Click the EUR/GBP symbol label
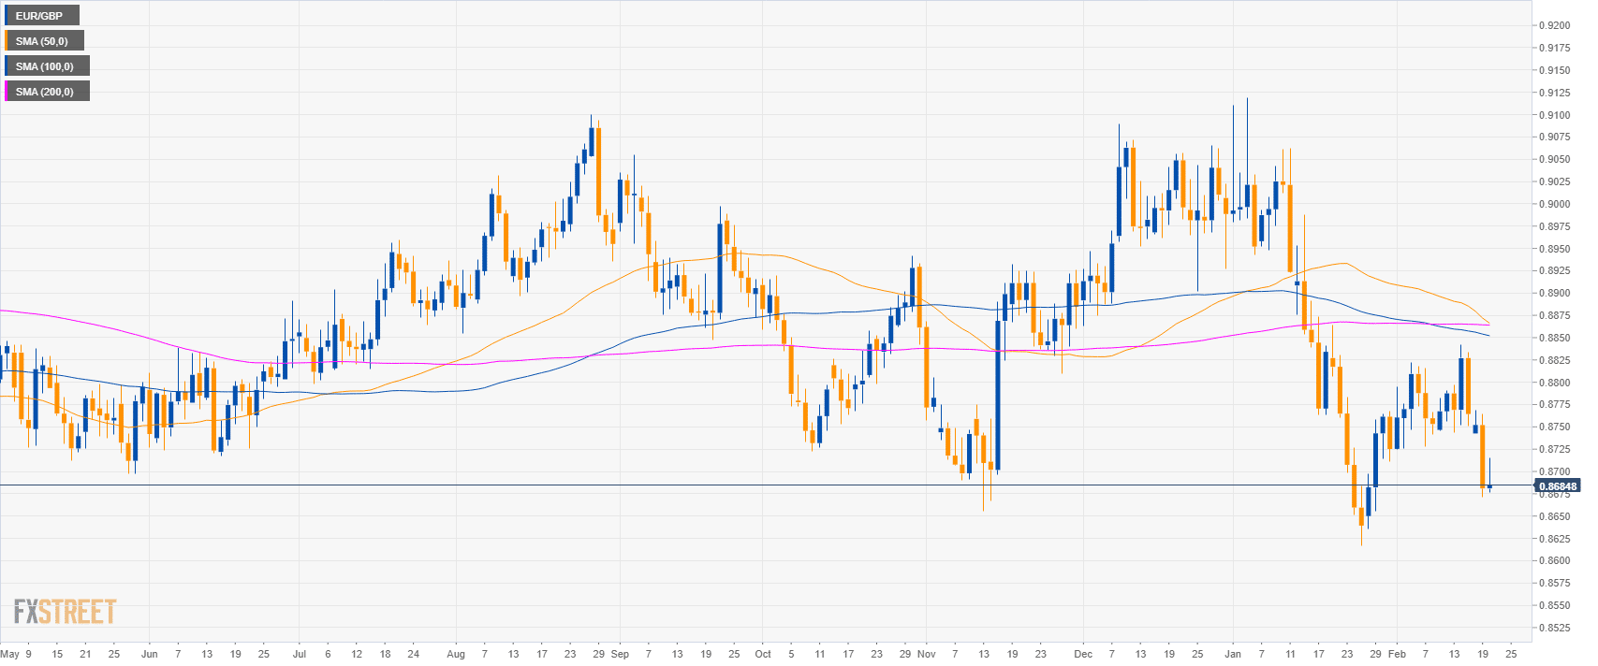tap(39, 16)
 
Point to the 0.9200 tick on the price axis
tap(1555, 25)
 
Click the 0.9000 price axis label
tap(1555, 204)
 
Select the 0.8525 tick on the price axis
tap(1555, 628)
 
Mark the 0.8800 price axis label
tap(1555, 383)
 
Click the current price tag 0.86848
tap(1557, 485)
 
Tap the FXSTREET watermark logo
tap(65, 613)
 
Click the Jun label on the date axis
tap(149, 654)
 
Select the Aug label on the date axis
tap(456, 654)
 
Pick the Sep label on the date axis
tap(620, 654)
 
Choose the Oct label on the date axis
tap(763, 654)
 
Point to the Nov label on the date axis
tap(927, 654)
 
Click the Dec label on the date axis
tap(1083, 654)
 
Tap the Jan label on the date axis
tap(1233, 654)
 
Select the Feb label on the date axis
tap(1397, 654)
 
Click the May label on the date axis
tap(10, 654)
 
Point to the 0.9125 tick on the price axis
tap(1555, 93)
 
